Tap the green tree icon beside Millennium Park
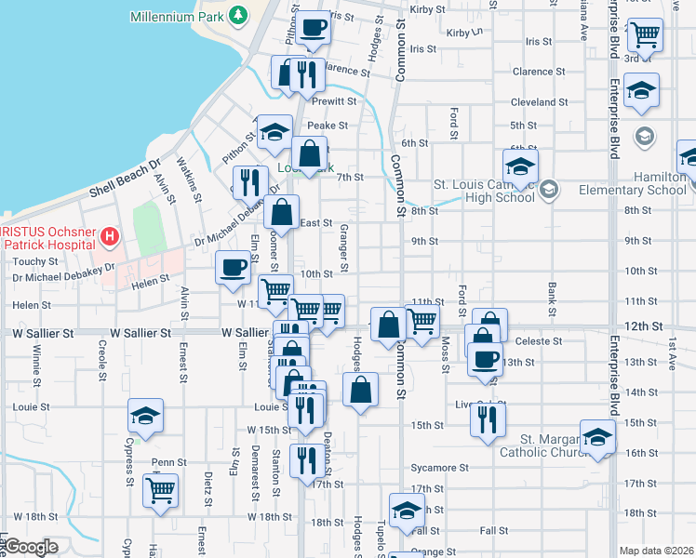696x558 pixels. (238, 15)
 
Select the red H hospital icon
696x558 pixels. (111, 237)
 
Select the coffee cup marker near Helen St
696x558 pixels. (233, 269)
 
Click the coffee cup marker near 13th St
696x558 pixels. (483, 358)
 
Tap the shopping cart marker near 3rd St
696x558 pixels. (644, 35)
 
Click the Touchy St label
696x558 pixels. (36, 262)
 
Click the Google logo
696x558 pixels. (30, 548)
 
